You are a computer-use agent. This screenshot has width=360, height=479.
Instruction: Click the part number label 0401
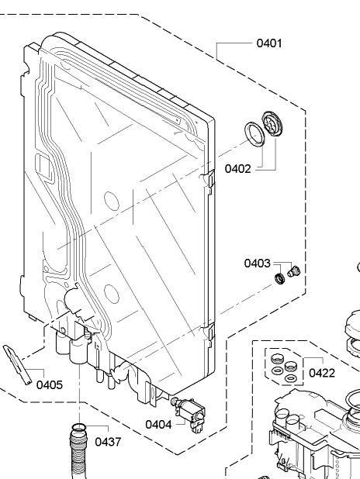pyautogui.click(x=269, y=43)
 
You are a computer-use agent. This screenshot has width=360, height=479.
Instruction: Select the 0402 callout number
pyautogui.click(x=237, y=169)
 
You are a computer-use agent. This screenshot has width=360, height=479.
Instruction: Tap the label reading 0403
pyautogui.click(x=258, y=263)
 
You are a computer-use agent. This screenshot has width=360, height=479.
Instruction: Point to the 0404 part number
pyautogui.click(x=158, y=424)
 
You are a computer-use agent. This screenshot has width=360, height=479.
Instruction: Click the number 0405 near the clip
pyautogui.click(x=50, y=385)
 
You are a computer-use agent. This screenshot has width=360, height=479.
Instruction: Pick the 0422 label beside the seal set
pyautogui.click(x=322, y=373)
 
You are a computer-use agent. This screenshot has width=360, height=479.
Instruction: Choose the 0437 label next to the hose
pyautogui.click(x=108, y=442)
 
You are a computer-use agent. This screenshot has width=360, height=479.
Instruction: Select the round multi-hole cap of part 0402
pyautogui.click(x=272, y=123)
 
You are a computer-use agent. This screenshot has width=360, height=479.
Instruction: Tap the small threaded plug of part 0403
pyautogui.click(x=294, y=271)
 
